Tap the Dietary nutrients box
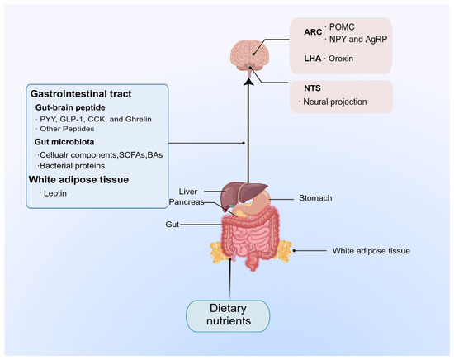pos(227,318)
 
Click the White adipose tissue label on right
pos(371,249)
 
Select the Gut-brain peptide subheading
pos(73,107)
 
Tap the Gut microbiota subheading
pos(68,141)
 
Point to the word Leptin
pos(56,193)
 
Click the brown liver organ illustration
pos(239,192)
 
